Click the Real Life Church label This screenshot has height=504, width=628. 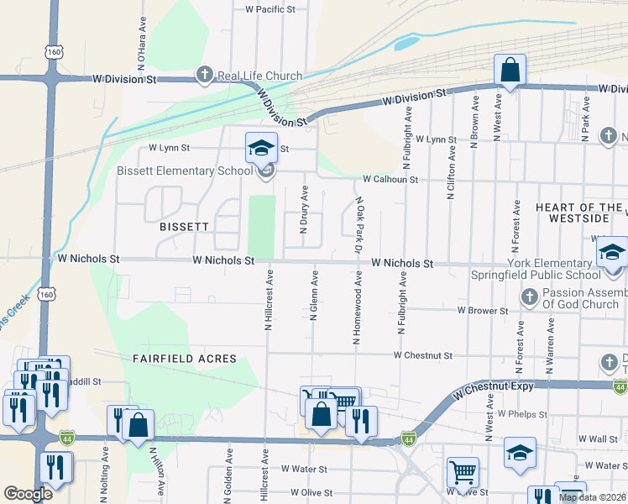[x=259, y=76]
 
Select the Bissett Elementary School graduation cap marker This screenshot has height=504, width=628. [x=261, y=148]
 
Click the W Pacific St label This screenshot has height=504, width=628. [x=270, y=9]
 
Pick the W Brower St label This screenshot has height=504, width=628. [x=483, y=311]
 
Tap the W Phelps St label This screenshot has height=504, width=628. [x=521, y=414]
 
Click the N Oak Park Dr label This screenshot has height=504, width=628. [x=358, y=226]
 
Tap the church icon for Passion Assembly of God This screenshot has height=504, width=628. [x=530, y=297]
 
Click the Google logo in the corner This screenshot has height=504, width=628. [x=28, y=494]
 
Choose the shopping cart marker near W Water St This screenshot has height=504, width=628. [x=463, y=473]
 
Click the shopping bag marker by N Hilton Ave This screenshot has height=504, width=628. [x=139, y=425]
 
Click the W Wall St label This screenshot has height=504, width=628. [x=603, y=439]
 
